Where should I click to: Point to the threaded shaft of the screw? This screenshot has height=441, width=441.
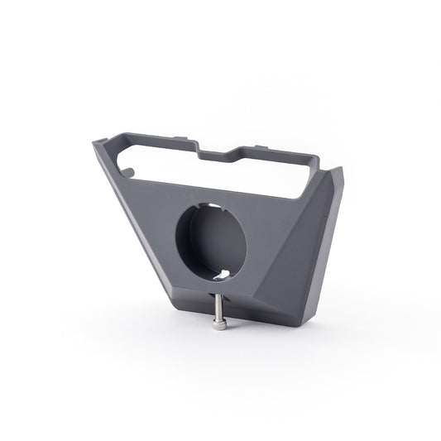(218, 309)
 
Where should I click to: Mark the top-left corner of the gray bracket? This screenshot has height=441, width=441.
(95, 143)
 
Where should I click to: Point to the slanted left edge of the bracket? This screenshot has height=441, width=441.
(132, 223)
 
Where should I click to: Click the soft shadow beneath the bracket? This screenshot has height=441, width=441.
(248, 335)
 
